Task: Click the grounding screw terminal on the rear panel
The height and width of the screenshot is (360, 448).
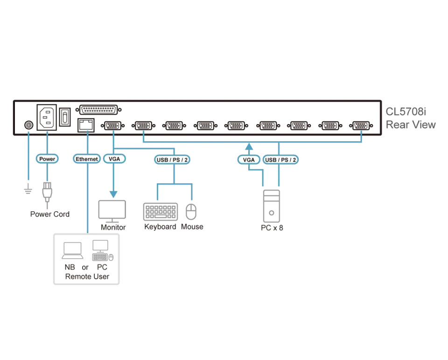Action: point(28,125)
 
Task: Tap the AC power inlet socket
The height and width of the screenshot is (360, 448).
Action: point(47,118)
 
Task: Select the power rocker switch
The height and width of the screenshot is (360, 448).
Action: point(65,117)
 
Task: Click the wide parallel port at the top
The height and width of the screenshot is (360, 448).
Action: point(98,110)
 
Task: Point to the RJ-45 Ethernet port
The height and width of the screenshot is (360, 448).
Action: point(86,125)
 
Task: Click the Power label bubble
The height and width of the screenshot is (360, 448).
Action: point(47,159)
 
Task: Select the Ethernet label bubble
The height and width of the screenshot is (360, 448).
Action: point(87,159)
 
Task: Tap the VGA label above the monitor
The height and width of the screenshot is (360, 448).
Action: point(114,159)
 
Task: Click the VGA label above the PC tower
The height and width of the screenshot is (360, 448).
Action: point(249,159)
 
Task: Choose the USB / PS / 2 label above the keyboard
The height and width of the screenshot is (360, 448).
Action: point(172,159)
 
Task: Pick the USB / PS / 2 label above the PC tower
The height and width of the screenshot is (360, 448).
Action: point(280,159)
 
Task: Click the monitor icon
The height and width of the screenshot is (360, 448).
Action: point(112,211)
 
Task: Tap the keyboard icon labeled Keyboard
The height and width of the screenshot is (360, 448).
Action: point(160,212)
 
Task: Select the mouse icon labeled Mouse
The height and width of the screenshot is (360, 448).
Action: point(191,212)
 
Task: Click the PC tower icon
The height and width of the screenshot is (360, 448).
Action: point(272,206)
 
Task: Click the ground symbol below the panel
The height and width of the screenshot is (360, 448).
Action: point(28,189)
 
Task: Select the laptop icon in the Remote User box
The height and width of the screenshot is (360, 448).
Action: point(73,251)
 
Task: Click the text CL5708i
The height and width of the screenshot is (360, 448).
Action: point(406,111)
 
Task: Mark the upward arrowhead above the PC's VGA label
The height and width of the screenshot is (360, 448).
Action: point(249,147)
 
